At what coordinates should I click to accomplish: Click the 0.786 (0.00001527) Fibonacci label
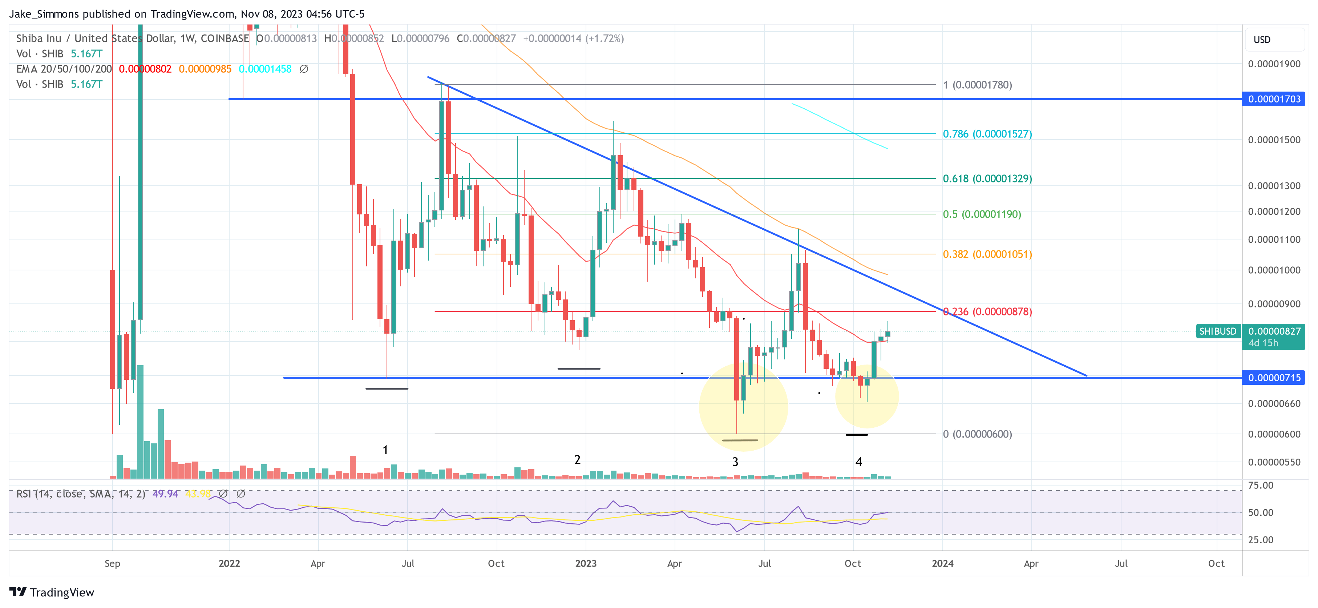click(987, 134)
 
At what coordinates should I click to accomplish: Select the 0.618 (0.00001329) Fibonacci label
click(987, 178)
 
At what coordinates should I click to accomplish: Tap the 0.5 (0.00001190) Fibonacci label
click(981, 214)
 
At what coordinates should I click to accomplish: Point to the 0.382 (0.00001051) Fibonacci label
click(987, 254)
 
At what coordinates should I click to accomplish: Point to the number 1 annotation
click(385, 450)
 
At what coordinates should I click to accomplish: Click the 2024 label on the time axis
click(942, 563)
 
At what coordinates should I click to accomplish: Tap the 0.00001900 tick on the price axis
click(1273, 64)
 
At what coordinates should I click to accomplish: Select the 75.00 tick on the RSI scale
click(1260, 486)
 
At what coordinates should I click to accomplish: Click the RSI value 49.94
click(165, 494)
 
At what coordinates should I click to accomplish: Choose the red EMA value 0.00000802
click(145, 69)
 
